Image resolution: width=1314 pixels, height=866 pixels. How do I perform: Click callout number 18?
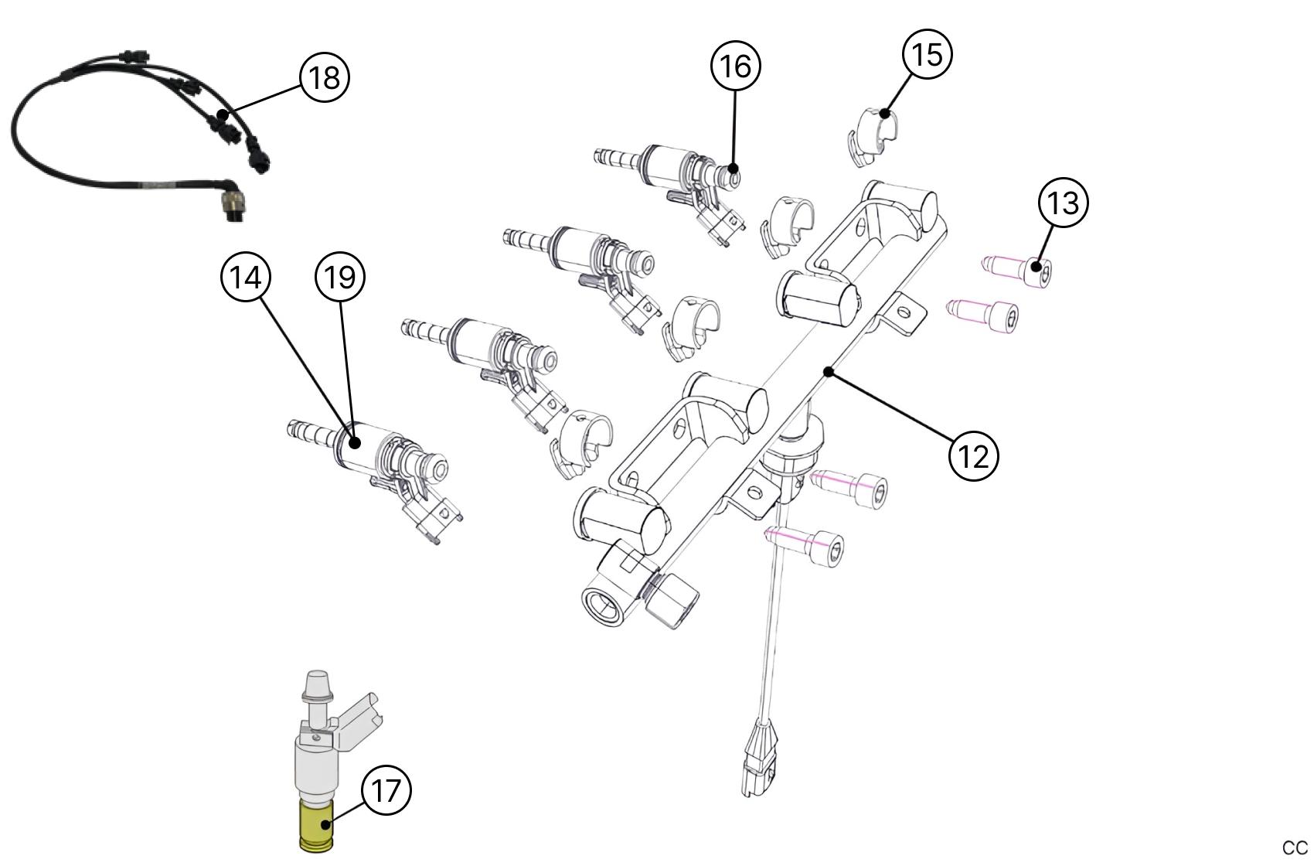(325, 77)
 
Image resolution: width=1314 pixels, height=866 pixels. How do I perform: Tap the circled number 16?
(736, 66)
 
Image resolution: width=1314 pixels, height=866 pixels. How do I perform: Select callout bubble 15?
(928, 54)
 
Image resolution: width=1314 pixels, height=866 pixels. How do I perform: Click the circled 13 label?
(1064, 203)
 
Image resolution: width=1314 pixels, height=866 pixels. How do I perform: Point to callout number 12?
(974, 456)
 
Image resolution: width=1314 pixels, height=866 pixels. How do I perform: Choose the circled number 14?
(246, 277)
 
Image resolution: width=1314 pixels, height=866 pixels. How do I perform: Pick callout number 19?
(340, 277)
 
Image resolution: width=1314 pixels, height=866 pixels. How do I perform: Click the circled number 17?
(386, 790)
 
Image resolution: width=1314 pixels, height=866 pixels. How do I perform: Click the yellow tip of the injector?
(315, 826)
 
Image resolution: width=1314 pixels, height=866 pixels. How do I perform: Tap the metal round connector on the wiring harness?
(231, 207)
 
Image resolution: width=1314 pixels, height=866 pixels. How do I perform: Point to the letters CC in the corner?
(1295, 847)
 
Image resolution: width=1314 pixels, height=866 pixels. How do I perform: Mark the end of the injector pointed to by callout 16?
(732, 175)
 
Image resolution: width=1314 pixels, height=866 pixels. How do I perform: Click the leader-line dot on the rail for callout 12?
(828, 372)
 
